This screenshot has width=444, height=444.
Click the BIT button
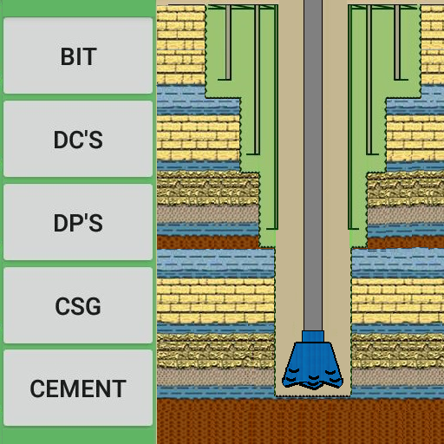coord(78,55)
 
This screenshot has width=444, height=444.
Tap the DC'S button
coord(78,139)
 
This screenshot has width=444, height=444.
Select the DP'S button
coord(78,222)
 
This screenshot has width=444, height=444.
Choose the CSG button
coord(78,305)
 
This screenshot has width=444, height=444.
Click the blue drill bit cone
coord(313,365)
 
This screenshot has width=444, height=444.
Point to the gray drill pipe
coord(313,166)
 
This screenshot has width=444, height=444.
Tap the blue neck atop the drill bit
coord(313,336)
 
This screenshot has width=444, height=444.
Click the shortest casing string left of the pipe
coord(228,42)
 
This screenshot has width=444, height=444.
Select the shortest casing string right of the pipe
coord(397,42)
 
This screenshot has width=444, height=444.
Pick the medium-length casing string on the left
coord(257,80)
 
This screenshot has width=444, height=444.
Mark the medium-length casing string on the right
coord(369,80)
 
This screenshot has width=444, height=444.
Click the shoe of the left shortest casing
coord(225,79)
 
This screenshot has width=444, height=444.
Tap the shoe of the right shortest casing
coord(402,79)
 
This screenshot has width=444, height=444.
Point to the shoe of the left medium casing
coord(253,154)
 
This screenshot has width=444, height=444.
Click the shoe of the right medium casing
coord(372,154)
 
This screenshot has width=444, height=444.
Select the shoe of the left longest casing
coord(272,229)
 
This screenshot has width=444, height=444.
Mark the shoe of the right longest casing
coord(353,229)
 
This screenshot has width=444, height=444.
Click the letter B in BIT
coord(66,56)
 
